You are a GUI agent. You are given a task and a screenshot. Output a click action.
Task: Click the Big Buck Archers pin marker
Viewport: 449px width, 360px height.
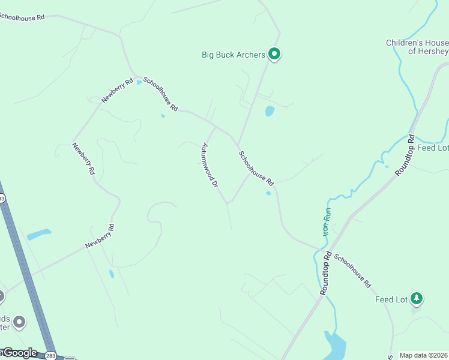pyautogui.click(x=274, y=54)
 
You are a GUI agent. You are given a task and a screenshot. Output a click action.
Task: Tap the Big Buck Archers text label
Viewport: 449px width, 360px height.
pyautogui.click(x=233, y=55)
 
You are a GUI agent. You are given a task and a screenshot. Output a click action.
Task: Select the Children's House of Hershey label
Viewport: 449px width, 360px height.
pyautogui.click(x=417, y=47)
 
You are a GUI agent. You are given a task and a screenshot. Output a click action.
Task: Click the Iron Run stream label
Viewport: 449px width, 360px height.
pyautogui.click(x=327, y=221)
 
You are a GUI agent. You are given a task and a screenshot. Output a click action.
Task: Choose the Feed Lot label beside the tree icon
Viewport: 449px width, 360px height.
pyautogui.click(x=391, y=299)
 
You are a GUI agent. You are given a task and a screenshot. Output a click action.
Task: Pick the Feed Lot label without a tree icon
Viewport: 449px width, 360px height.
pyautogui.click(x=433, y=148)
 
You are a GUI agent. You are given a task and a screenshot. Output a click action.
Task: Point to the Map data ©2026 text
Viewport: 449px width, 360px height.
pyautogui.click(x=424, y=355)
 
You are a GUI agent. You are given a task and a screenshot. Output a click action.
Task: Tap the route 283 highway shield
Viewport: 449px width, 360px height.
pyautogui.click(x=52, y=355)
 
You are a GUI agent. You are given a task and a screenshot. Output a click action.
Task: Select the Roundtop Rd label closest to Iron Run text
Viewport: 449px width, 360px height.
pyautogui.click(x=327, y=272)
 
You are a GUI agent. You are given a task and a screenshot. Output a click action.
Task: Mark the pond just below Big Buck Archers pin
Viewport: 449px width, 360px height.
pyautogui.click(x=270, y=111)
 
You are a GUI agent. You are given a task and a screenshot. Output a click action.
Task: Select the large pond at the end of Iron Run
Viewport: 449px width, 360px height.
pyautogui.click(x=336, y=345)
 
